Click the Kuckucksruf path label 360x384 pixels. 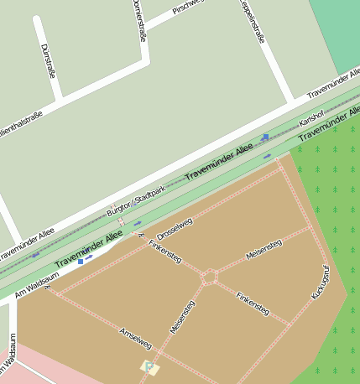pyautogui.click(x=320, y=283)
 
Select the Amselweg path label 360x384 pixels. pyautogui.click(x=135, y=338)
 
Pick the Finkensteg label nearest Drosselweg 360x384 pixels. pyautogui.click(x=164, y=252)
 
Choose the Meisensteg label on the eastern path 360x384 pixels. pyautogui.click(x=263, y=249)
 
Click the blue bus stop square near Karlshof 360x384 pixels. pyautogui.click(x=265, y=137)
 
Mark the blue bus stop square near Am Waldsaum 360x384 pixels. pyautogui.click(x=81, y=262)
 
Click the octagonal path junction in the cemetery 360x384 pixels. pyautogui.click(x=209, y=276)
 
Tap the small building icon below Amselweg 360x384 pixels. pyautogui.click(x=149, y=367)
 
